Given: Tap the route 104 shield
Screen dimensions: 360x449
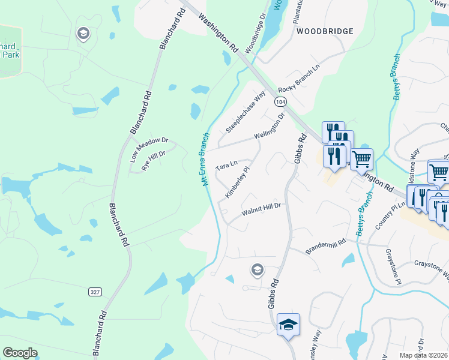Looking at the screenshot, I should tap(280, 102).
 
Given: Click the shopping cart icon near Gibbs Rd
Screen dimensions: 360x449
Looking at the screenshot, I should tap(361, 159).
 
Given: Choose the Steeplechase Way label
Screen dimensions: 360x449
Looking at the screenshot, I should tap(246, 112).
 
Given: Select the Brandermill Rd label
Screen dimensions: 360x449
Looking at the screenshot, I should tap(326, 246).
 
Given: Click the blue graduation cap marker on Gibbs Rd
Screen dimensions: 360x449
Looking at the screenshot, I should tap(289, 325).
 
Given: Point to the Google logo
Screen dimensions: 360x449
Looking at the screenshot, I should tap(20, 353).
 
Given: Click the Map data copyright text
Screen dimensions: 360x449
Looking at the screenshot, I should tap(423, 355).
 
